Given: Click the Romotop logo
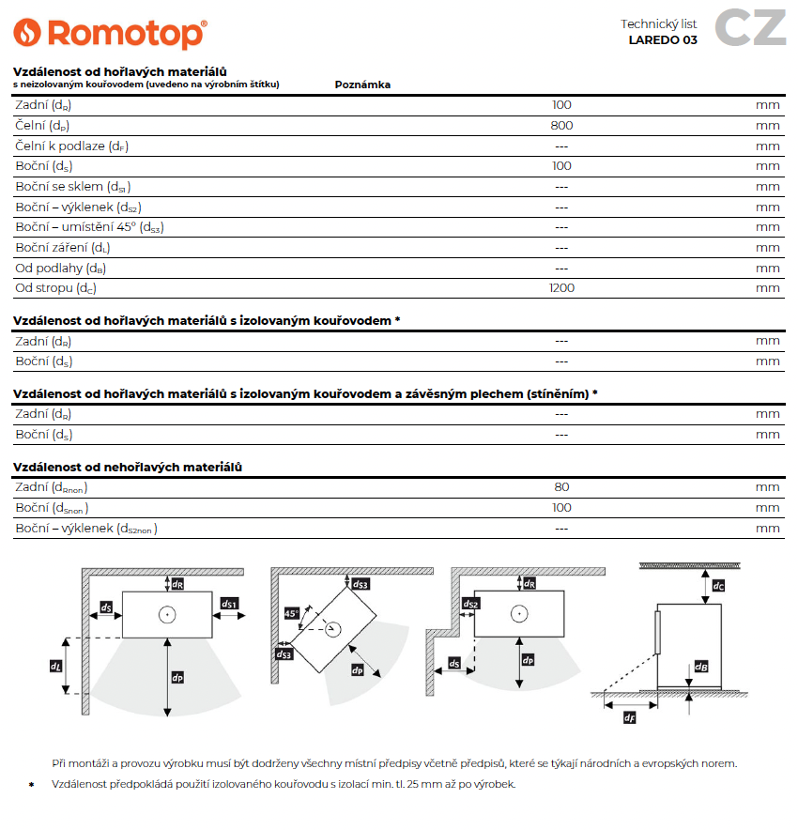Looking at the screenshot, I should (x=110, y=34).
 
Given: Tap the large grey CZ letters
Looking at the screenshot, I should (x=750, y=28).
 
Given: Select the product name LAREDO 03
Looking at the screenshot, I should (x=663, y=40).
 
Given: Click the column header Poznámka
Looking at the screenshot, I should (x=362, y=85).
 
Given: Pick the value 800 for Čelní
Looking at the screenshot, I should (x=561, y=125).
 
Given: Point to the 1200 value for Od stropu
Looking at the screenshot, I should (x=561, y=288).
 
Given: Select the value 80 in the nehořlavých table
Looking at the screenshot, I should (x=561, y=486).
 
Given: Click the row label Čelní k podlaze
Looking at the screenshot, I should (x=71, y=146).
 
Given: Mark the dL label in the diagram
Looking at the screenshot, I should (x=55, y=666).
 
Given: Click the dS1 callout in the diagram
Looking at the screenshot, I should (x=230, y=604).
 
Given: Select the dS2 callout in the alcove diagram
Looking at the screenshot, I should (x=471, y=604).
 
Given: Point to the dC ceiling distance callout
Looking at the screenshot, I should (x=718, y=586).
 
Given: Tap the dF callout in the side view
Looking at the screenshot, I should (x=629, y=718).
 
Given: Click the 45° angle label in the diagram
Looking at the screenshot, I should (x=292, y=613).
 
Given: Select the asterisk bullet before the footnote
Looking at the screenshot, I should (x=30, y=784).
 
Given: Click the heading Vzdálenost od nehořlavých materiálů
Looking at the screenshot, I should (x=128, y=467).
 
